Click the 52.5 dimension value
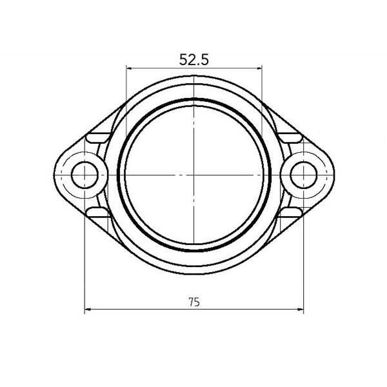coord(193,59)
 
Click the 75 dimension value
coord(193,301)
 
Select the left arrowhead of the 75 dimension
coord(88,310)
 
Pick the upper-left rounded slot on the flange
coord(98,138)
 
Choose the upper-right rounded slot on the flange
coord(289,138)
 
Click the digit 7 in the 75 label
coord(191,301)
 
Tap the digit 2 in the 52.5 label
coord(189,59)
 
